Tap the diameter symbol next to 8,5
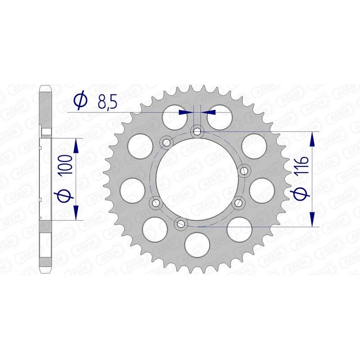[80, 101]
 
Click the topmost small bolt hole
[197, 131]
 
